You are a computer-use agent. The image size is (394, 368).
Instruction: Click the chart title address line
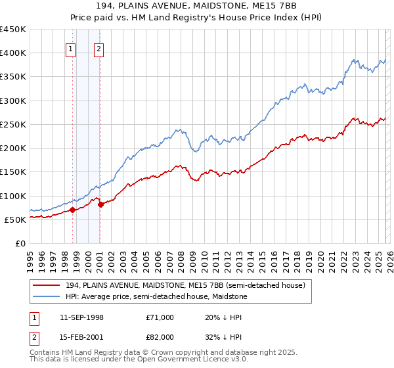pyautogui.click(x=197, y=6)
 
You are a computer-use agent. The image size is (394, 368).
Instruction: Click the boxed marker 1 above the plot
pyautogui.click(x=71, y=48)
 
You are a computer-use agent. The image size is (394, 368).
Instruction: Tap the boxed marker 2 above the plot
pyautogui.click(x=98, y=48)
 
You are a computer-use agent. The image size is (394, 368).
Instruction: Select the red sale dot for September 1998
pyautogui.click(x=72, y=210)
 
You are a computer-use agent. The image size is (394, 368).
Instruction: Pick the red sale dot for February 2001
pyautogui.click(x=100, y=204)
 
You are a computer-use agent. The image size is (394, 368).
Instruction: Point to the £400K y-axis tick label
pyautogui.click(x=13, y=53)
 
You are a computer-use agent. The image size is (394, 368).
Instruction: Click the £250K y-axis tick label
pyautogui.click(x=13, y=124)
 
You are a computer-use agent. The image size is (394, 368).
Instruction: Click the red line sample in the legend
pyautogui.click(x=46, y=286)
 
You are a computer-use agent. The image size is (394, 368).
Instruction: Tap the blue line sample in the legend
pyautogui.click(x=46, y=296)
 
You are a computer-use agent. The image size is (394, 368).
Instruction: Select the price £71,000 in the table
pyautogui.click(x=160, y=317)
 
